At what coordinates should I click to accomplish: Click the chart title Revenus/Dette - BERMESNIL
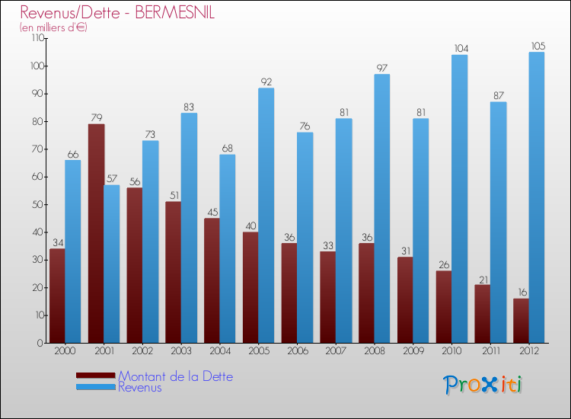click(x=117, y=12)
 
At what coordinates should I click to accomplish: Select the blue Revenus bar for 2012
click(x=537, y=197)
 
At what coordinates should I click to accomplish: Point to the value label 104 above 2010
click(x=460, y=48)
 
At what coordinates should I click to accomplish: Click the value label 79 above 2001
click(x=96, y=117)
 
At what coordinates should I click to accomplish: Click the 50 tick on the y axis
click(x=34, y=205)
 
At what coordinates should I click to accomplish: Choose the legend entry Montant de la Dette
click(x=175, y=376)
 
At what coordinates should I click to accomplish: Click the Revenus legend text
click(x=140, y=387)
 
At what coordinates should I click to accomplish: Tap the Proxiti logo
click(x=483, y=385)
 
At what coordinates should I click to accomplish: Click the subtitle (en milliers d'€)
click(x=53, y=27)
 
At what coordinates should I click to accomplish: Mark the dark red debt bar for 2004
click(x=212, y=280)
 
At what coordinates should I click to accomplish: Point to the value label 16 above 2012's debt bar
click(x=521, y=292)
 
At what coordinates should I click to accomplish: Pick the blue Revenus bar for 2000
click(x=72, y=251)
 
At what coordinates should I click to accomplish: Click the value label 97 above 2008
click(x=382, y=68)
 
